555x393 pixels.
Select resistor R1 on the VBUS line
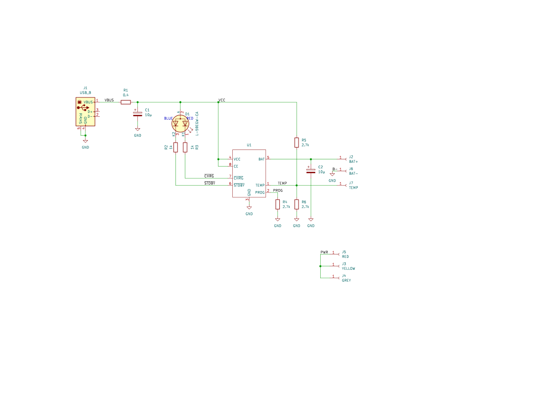tap(126, 102)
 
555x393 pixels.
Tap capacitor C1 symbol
tap(138, 114)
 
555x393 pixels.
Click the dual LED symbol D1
tap(180, 124)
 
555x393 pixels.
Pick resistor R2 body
tap(176, 147)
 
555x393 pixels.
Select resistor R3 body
tap(185, 147)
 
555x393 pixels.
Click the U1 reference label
tap(249, 145)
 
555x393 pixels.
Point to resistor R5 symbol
tap(297, 143)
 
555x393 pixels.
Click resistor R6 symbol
tap(297, 204)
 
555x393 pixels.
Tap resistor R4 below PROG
tap(278, 204)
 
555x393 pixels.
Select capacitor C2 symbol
tap(311, 171)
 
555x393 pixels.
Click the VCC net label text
tap(222, 100)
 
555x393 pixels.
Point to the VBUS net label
tap(109, 100)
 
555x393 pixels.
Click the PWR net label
tap(324, 252)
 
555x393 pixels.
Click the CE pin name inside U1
tap(236, 166)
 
